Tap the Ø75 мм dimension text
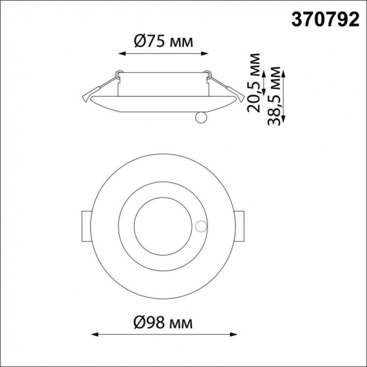tap(162, 42)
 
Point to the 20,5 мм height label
tap(255, 82)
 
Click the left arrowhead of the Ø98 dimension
tap(93, 335)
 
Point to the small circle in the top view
tap(202, 226)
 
